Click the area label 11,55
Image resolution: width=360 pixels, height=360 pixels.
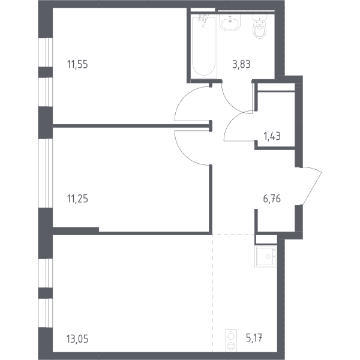(77, 64)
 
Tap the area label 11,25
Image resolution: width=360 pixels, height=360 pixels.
(77, 199)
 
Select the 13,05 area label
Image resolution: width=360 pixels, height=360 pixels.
(78, 338)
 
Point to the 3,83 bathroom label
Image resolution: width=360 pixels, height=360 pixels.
(241, 64)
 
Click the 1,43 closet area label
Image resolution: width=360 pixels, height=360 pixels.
(272, 136)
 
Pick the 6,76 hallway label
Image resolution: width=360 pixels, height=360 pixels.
(272, 199)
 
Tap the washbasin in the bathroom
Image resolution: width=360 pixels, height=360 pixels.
(230, 22)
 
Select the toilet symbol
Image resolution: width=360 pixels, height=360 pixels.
(260, 26)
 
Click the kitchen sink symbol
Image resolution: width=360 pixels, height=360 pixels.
(266, 257)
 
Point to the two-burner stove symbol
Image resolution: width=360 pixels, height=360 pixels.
(231, 340)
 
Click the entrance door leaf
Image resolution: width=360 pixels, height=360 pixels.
(312, 187)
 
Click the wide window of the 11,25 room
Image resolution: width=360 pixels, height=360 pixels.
(46, 173)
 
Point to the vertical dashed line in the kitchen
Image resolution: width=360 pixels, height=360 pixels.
(212, 293)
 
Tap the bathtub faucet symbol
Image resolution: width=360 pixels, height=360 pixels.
(203, 19)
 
